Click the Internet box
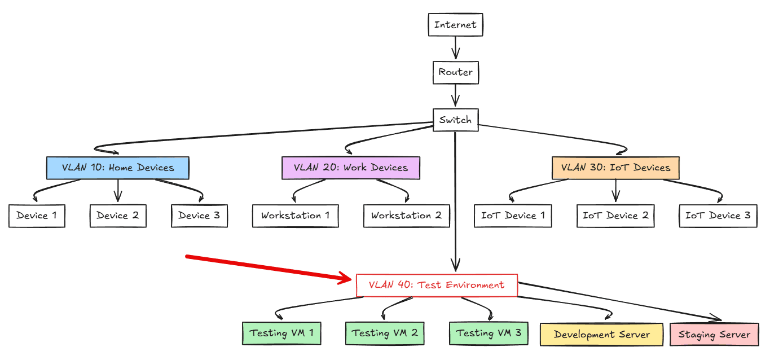pos(455,25)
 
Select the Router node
pos(455,72)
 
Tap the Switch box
pos(455,120)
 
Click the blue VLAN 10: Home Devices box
pos(117,168)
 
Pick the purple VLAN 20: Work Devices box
pos(351,168)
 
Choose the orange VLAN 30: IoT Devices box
pos(615,168)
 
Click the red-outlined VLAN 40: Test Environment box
pos(437,285)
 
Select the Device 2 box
pos(118,216)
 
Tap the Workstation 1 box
pos(295,216)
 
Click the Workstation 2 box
pos(406,216)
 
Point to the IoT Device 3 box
pos(718,216)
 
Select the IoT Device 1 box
pos(513,216)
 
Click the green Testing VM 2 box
pos(385,333)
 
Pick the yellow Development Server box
pos(602,334)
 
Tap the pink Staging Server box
pos(714,334)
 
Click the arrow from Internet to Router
pos(455,49)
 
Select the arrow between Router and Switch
pos(455,96)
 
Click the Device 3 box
pos(199,216)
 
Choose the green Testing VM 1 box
pos(281,333)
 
